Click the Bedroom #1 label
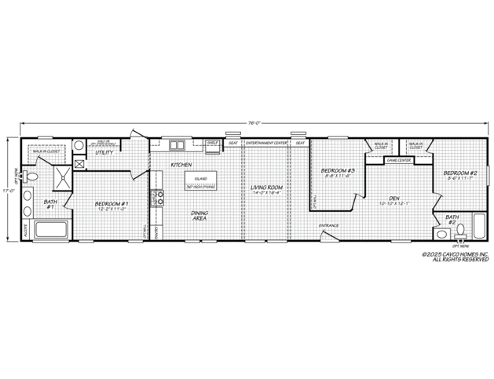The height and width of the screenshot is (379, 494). tap(112, 206)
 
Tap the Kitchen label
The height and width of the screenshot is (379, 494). tap(181, 165)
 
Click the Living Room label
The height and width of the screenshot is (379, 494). tap(266, 190)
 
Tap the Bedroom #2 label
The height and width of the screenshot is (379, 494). tap(460, 175)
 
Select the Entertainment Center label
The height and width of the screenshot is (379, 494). tap(266, 144)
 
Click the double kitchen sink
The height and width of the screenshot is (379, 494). tap(177, 144)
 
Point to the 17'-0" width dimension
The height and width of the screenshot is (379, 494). tap(7, 189)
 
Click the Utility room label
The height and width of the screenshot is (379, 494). tap(104, 152)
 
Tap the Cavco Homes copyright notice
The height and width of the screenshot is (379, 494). tap(456, 257)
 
